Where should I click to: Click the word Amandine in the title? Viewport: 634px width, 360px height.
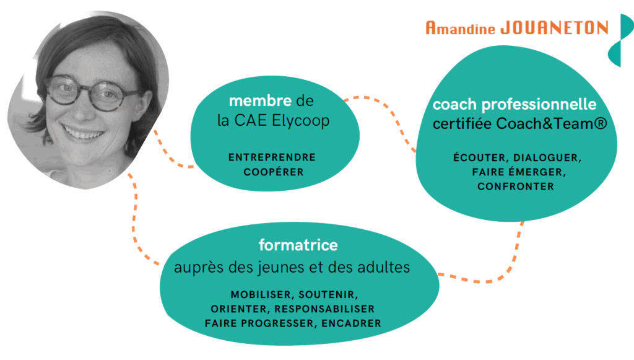pyautogui.click(x=460, y=28)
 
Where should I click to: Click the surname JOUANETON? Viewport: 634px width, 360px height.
pyautogui.click(x=554, y=28)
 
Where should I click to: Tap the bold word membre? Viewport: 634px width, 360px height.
pyautogui.click(x=260, y=100)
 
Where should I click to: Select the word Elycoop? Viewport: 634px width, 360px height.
pyautogui.click(x=301, y=121)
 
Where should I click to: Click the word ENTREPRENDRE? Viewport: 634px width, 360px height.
pyautogui.click(x=272, y=157)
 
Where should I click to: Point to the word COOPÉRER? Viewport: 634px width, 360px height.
pyautogui.click(x=273, y=172)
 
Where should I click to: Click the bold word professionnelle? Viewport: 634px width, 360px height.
pyautogui.click(x=539, y=105)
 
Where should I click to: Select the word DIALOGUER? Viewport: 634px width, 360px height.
pyautogui.click(x=547, y=158)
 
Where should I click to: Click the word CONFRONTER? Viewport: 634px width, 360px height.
pyautogui.click(x=516, y=187)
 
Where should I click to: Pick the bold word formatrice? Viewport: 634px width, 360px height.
pyautogui.click(x=298, y=245)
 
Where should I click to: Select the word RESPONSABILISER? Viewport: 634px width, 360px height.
pyautogui.click(x=324, y=309)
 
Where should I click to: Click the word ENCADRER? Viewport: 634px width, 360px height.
pyautogui.click(x=352, y=323)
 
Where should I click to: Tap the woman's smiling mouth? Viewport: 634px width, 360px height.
pyautogui.click(x=84, y=132)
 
